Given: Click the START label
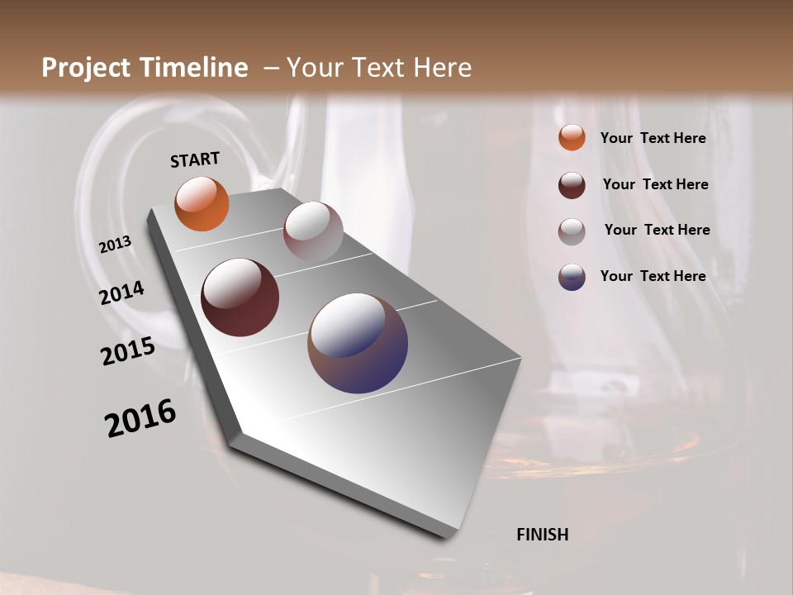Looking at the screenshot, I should coord(195,159).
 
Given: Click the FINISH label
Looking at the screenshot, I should coord(543,535).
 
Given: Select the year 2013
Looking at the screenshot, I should coord(115,245).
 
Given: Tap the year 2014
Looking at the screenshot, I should coord(122,293).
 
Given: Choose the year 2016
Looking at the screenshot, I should coord(140,418).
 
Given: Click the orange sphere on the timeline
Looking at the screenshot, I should coord(202,203).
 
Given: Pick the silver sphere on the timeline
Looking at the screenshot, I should coord(313,231).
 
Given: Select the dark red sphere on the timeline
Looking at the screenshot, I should coord(240,297).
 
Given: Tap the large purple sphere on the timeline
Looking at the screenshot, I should coord(358,343).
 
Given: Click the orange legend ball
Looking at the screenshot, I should coord(572,137).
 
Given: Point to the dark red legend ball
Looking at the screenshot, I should coord(572,185).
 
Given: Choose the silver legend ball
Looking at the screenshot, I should coord(572,231).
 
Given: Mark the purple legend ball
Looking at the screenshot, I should coord(572,277).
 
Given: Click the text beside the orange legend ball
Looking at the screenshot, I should coord(653,138).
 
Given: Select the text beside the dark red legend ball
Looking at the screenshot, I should coord(655,184).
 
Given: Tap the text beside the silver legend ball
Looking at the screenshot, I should coord(657,230).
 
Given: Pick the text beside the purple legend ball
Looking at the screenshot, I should coord(653,276).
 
